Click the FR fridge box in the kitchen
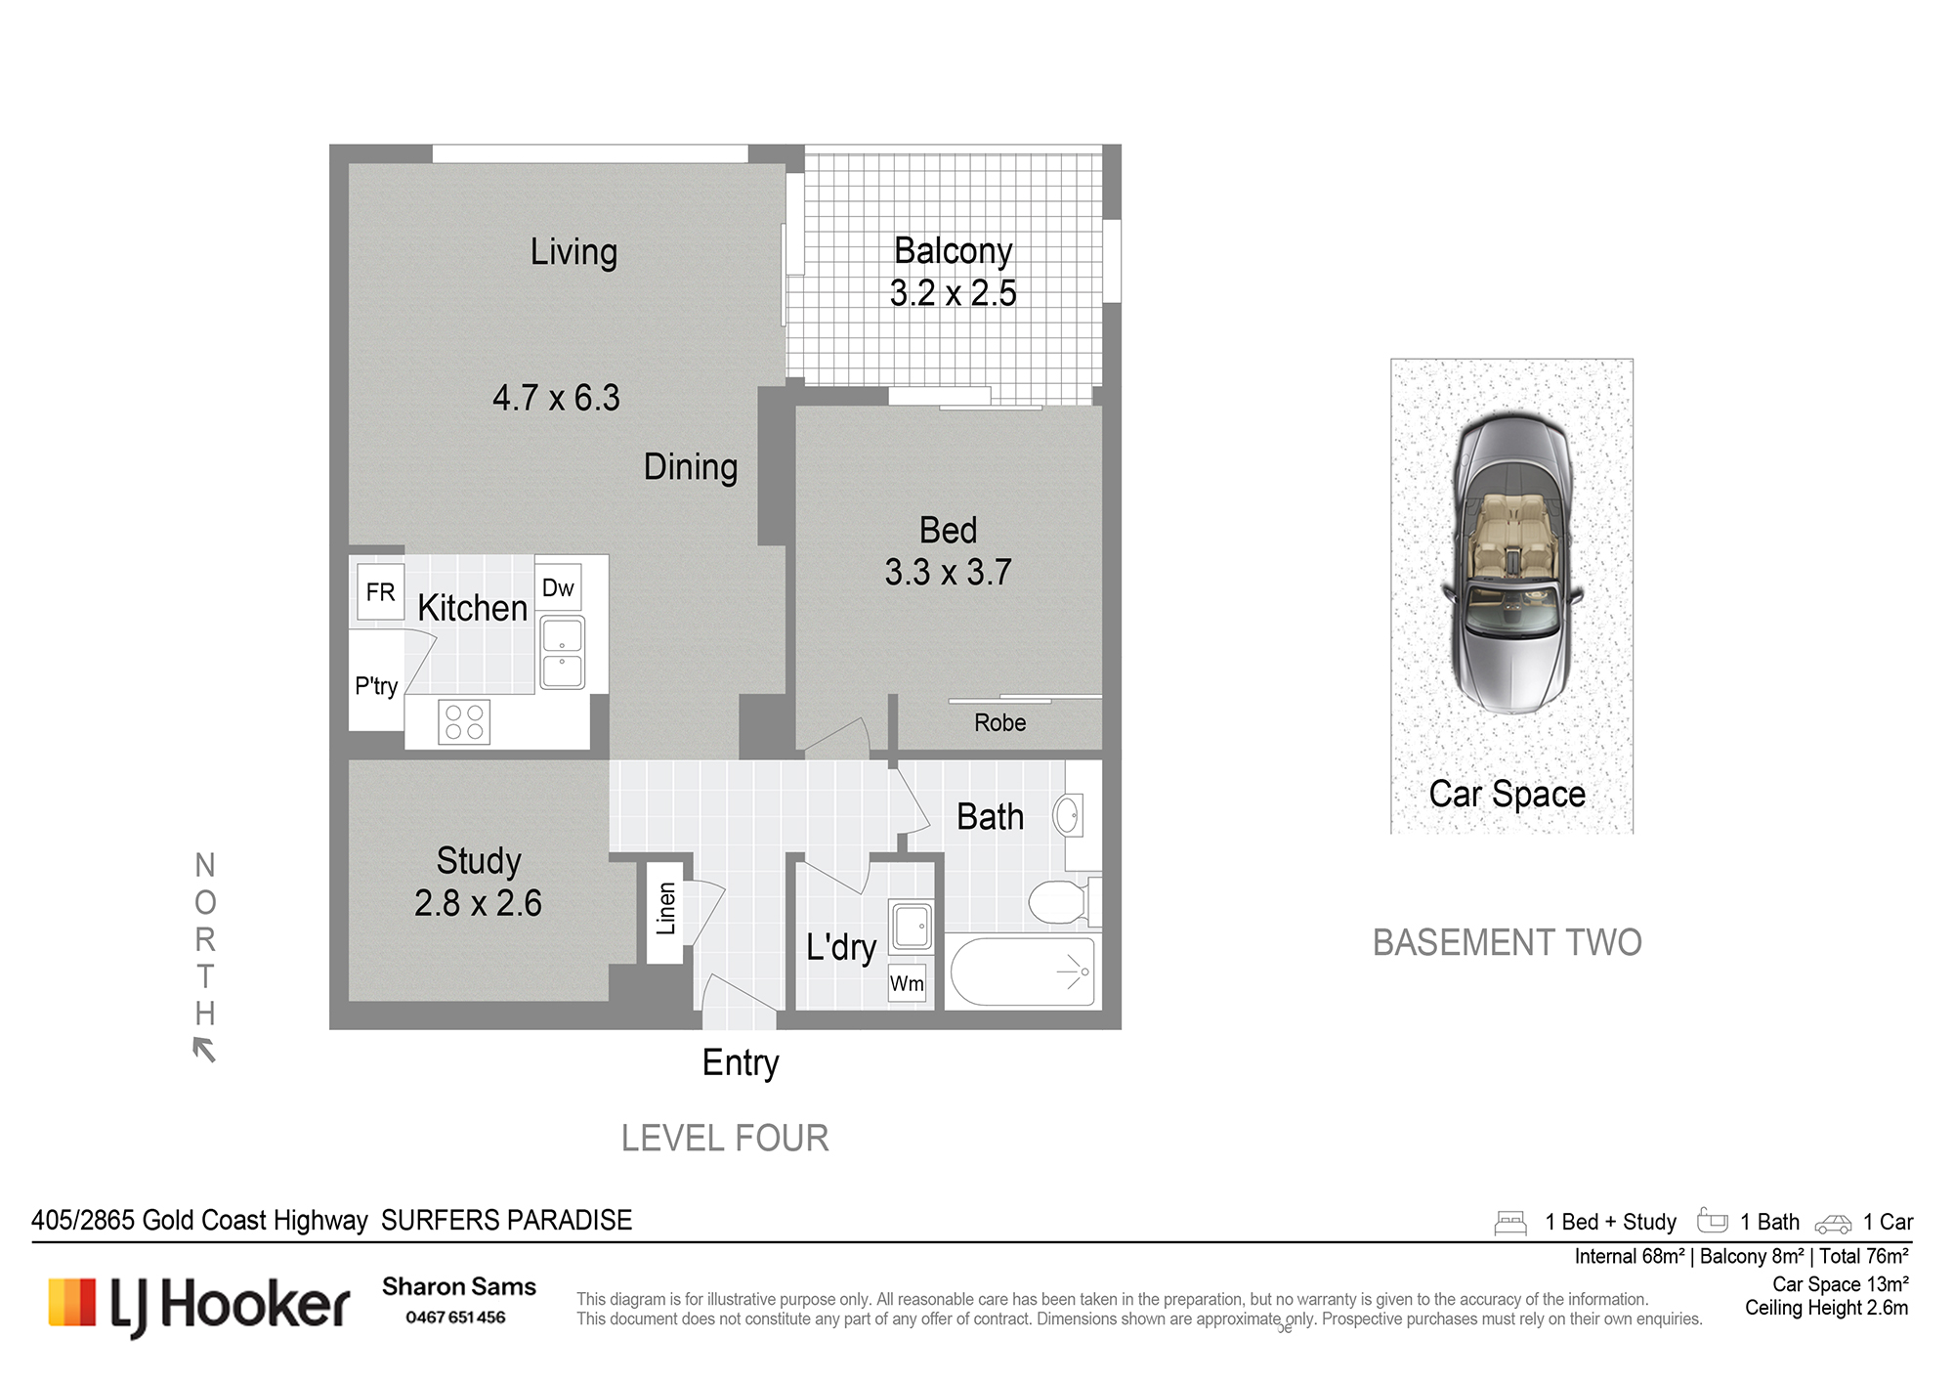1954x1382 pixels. point(380,591)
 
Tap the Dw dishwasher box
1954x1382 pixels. point(558,587)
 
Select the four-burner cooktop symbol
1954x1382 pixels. point(464,722)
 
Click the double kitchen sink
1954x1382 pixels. point(562,652)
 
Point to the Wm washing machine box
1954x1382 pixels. point(907,983)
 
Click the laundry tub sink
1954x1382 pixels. point(912,924)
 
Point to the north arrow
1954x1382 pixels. point(204,1050)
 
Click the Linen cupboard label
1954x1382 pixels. point(666,909)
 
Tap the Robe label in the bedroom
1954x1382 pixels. point(999,722)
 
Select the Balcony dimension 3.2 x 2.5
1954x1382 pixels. point(953,292)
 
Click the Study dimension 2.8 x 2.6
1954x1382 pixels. point(478,902)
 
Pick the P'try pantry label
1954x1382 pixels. point(376,685)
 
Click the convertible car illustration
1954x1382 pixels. point(1511,563)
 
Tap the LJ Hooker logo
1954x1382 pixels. point(199,1306)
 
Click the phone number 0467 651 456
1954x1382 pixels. point(455,1317)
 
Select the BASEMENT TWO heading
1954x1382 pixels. point(1507,942)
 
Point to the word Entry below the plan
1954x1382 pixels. point(741,1063)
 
